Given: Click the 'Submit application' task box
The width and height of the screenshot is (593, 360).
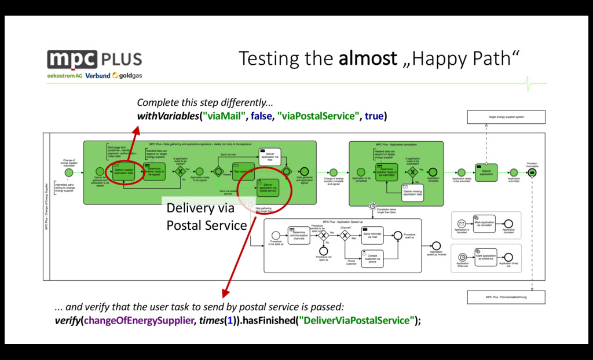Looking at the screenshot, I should (x=486, y=172).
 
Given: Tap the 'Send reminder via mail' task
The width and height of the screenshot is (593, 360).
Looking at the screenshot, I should (x=373, y=234).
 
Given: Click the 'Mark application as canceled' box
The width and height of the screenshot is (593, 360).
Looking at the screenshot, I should (x=484, y=223).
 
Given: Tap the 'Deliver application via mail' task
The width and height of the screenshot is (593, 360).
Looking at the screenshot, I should (x=270, y=155).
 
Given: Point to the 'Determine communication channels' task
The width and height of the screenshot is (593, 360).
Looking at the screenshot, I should (x=299, y=235).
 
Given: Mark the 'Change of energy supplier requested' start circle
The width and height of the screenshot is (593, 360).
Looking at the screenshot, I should (x=69, y=172).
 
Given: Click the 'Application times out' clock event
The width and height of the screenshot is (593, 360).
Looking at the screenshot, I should (x=462, y=257).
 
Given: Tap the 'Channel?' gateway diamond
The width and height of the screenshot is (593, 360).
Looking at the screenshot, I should (x=345, y=234).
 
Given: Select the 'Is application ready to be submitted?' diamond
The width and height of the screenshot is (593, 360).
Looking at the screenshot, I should (x=412, y=172).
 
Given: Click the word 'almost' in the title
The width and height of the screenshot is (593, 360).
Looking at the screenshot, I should (x=368, y=58).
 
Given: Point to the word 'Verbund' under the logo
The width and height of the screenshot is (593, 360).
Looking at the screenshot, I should (x=97, y=76).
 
